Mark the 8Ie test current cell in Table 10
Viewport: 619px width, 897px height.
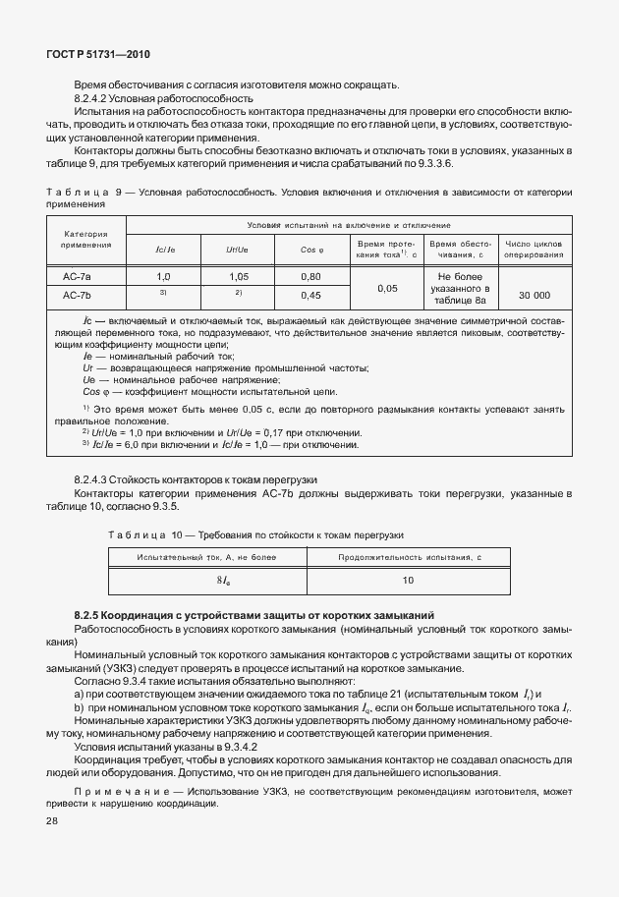(208, 582)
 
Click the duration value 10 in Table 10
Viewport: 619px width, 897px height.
(408, 582)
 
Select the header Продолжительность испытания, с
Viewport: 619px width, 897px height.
(408, 557)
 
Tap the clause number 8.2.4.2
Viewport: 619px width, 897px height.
(95, 98)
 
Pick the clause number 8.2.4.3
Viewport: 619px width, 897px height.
(95, 478)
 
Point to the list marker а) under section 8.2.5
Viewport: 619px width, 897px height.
(80, 693)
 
